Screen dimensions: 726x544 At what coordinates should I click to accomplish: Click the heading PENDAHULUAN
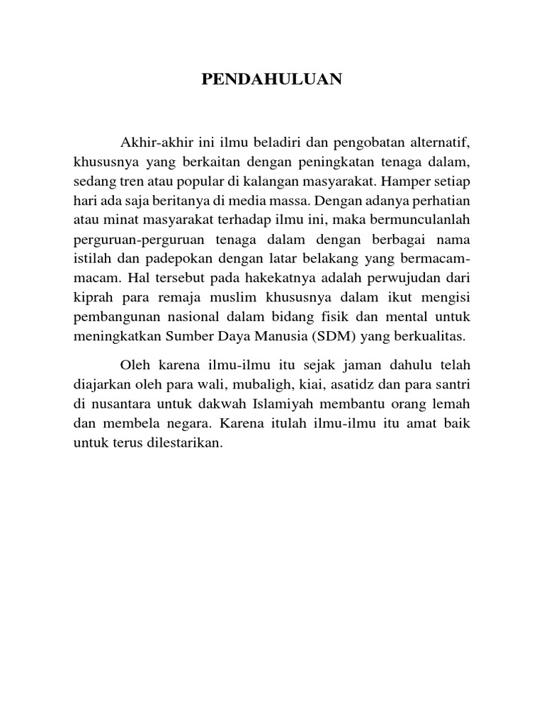click(272, 80)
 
